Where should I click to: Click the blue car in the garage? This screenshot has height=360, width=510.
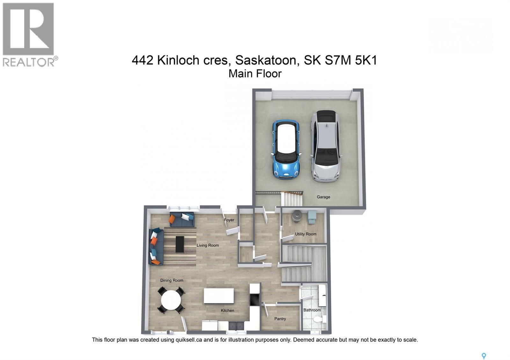click(x=286, y=149)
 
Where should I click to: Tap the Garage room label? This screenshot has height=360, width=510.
click(x=323, y=197)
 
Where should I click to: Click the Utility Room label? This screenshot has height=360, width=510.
click(x=305, y=234)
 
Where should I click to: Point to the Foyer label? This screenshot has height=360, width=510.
click(x=229, y=220)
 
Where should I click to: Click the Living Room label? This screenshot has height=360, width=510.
click(x=208, y=245)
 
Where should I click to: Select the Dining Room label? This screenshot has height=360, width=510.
click(x=171, y=280)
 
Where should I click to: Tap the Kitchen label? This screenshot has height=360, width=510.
click(x=227, y=310)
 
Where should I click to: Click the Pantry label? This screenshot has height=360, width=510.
click(x=280, y=319)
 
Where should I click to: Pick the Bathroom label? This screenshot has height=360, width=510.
click(x=312, y=310)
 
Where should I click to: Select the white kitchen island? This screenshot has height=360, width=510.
click(x=219, y=296)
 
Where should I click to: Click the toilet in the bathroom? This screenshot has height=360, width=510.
click(x=319, y=319)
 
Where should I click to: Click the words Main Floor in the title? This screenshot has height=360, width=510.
click(x=255, y=74)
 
